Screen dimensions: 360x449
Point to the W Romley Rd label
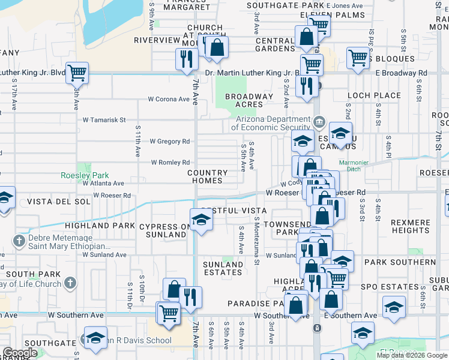pos(170,163)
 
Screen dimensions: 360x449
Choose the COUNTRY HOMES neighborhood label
pos(213,176)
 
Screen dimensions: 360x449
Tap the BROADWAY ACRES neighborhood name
pos(249,100)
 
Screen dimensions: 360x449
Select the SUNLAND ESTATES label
pos(223,268)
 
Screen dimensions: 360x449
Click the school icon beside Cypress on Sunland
pos(201,220)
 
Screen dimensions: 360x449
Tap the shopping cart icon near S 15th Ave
pos(77,73)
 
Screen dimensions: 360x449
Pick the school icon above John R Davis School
pos(95,338)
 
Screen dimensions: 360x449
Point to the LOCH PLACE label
pos(374,95)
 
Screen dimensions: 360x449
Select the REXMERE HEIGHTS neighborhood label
pos(410,226)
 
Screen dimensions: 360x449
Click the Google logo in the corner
pos(20,353)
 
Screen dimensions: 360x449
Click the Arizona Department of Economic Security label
pos(271,123)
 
